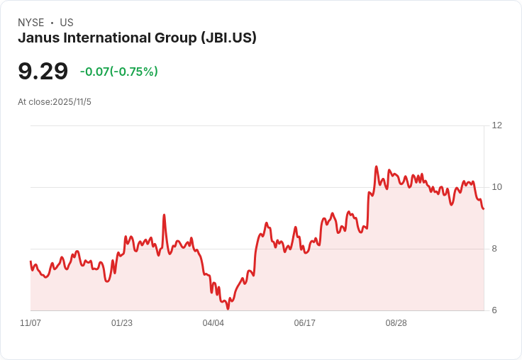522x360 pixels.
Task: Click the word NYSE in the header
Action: pyautogui.click(x=31, y=23)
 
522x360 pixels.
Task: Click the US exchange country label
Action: pyautogui.click(x=67, y=23)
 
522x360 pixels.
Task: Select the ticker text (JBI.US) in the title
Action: pyautogui.click(x=228, y=38)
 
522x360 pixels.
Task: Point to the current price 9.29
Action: pyautogui.click(x=43, y=71)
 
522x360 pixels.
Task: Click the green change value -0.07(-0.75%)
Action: pyautogui.click(x=119, y=72)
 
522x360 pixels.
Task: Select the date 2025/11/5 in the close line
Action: pyautogui.click(x=72, y=102)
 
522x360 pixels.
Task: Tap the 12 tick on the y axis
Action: pyautogui.click(x=496, y=125)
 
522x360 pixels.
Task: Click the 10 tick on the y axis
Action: pyautogui.click(x=496, y=187)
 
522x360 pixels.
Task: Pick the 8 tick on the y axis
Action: pyautogui.click(x=494, y=249)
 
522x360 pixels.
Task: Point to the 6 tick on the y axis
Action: pyautogui.click(x=494, y=310)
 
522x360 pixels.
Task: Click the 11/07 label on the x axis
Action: pyautogui.click(x=30, y=323)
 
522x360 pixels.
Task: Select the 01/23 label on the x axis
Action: pyautogui.click(x=122, y=323)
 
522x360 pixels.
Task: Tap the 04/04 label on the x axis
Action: pyautogui.click(x=213, y=323)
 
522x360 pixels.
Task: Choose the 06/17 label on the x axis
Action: pyautogui.click(x=304, y=323)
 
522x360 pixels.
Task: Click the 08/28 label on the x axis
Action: pyautogui.click(x=396, y=323)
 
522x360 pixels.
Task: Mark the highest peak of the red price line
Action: pyautogui.click(x=377, y=167)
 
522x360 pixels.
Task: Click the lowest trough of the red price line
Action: pyautogui.click(x=228, y=309)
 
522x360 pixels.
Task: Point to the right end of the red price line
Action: pyautogui.click(x=484, y=208)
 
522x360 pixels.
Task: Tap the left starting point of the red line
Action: pyautogui.click(x=30, y=261)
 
